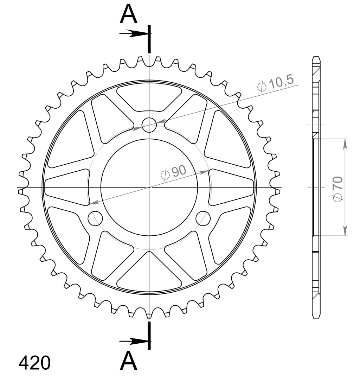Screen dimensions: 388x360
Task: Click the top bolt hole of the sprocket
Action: click(149, 125)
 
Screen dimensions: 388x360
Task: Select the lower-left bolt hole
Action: click(95, 218)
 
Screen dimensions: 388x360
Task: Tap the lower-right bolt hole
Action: click(203, 218)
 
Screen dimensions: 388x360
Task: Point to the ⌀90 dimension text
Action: click(173, 172)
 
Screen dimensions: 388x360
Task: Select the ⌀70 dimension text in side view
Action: click(338, 189)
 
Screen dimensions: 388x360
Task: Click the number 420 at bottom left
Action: click(34, 363)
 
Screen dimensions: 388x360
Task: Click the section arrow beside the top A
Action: click(134, 34)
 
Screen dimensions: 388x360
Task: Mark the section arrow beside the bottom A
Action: click(134, 341)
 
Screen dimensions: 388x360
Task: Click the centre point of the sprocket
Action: click(149, 187)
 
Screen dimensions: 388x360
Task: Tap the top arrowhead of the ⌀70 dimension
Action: click(346, 143)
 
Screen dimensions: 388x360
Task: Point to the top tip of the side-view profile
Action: click(316, 57)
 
